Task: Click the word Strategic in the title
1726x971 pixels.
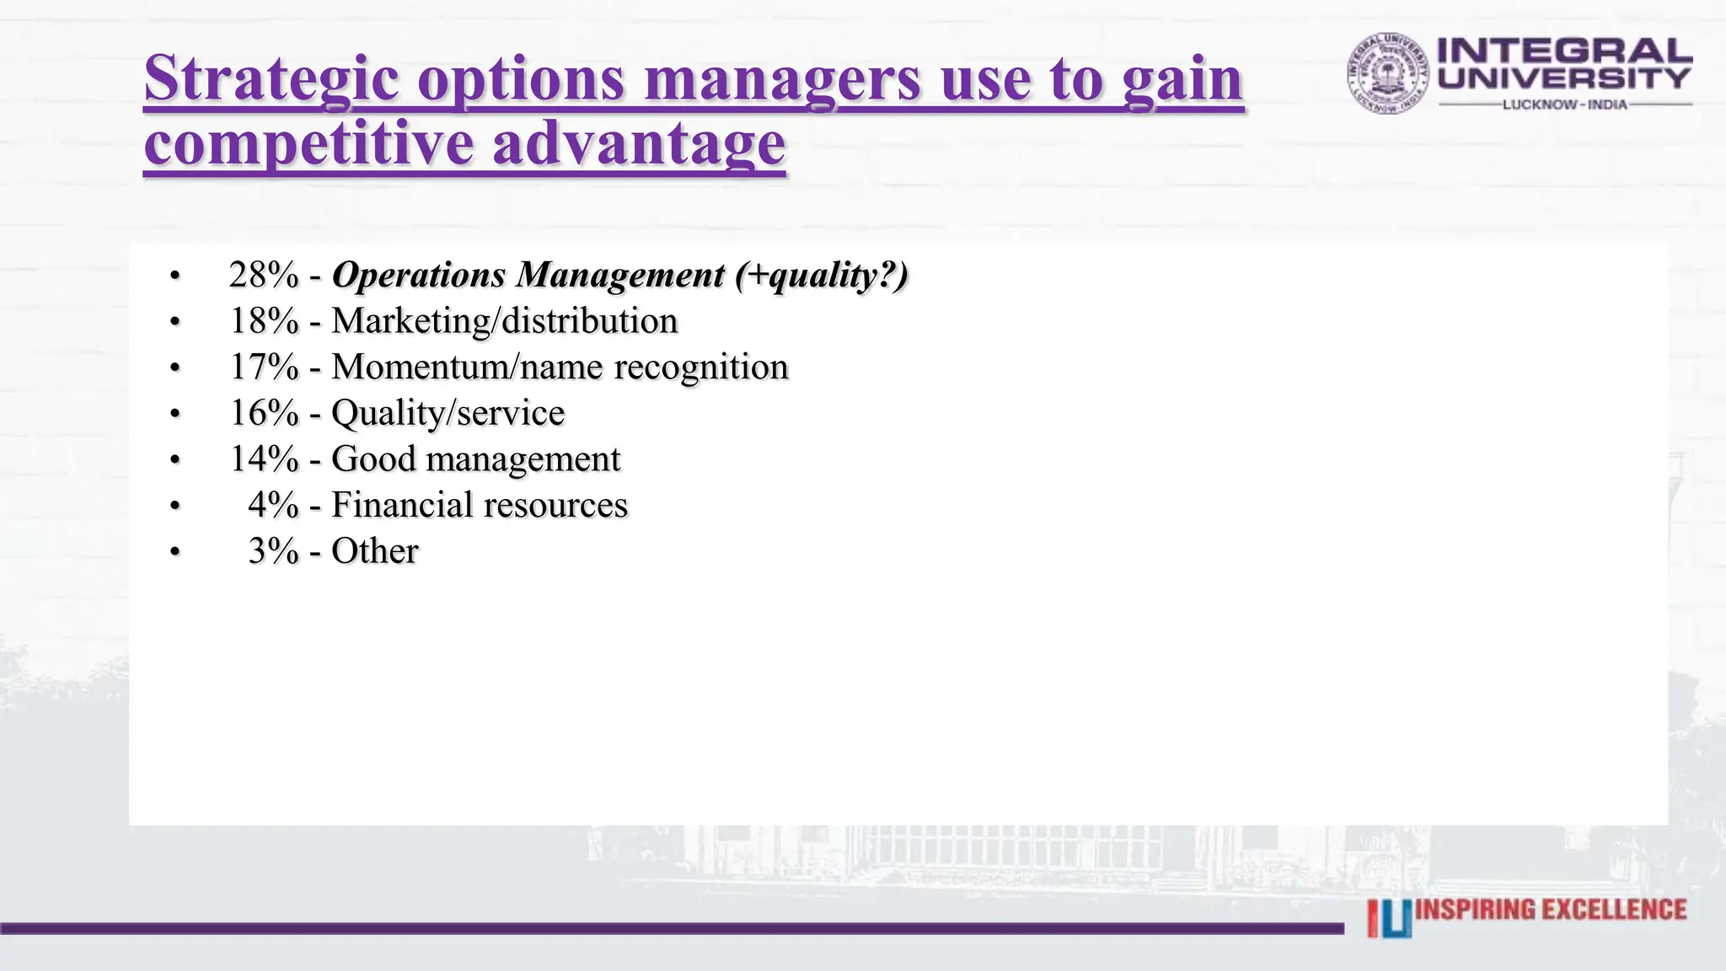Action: [271, 79]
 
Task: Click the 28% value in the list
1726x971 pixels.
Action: [264, 276]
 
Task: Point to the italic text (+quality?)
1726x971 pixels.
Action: [821, 276]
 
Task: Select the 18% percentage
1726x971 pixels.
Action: [264, 321]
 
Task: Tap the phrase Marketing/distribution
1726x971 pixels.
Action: [504, 321]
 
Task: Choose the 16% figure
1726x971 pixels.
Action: [264, 413]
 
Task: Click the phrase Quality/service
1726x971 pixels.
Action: [448, 413]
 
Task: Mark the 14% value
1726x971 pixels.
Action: [264, 459]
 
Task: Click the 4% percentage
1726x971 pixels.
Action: [273, 505]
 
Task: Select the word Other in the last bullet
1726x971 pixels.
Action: [374, 551]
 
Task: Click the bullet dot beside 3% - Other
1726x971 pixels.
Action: [174, 552]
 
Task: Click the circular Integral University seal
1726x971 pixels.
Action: [1387, 74]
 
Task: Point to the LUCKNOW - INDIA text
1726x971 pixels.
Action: [1564, 105]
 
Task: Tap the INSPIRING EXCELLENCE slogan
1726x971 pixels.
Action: [1551, 910]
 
